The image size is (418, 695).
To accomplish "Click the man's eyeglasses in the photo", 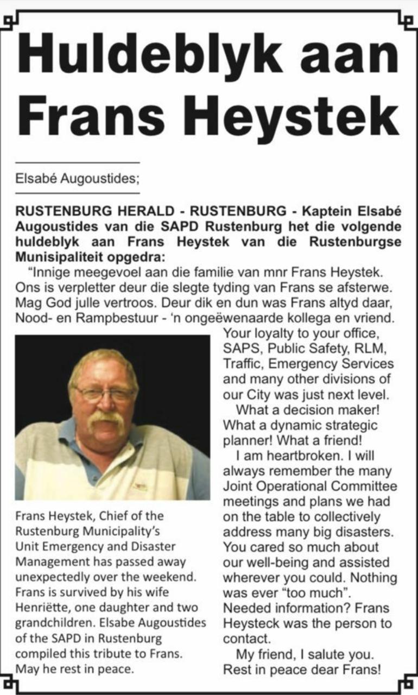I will click(x=104, y=393).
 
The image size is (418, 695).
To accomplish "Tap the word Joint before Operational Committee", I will click(x=238, y=486).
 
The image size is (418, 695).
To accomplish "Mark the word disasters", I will click(x=360, y=532).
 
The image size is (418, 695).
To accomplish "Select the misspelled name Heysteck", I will click(x=252, y=623).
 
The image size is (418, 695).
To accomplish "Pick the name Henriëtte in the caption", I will click(x=41, y=608).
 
